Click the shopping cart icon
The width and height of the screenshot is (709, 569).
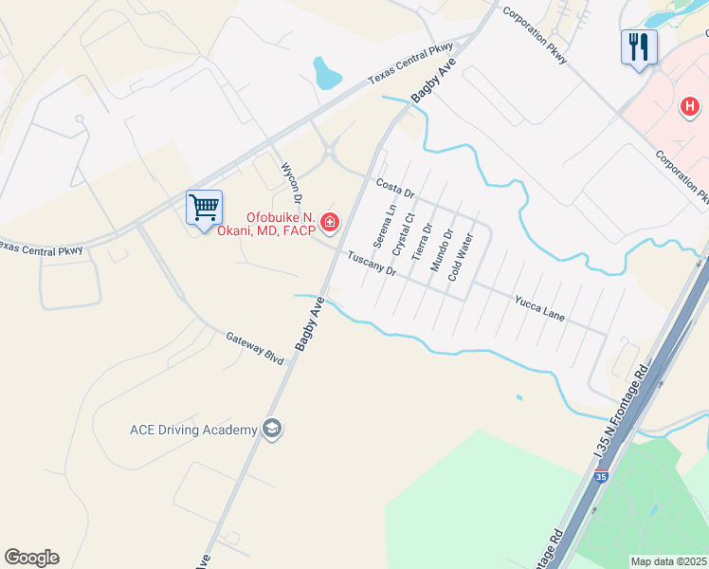[204, 208]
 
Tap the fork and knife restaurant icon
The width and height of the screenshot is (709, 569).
[638, 46]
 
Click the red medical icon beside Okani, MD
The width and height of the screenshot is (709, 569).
[330, 223]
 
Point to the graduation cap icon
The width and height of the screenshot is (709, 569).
[272, 430]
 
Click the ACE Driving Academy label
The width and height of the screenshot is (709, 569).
[193, 430]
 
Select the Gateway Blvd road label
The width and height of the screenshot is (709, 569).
[255, 348]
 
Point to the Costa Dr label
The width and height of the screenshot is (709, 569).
[395, 188]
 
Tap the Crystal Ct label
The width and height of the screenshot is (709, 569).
[404, 233]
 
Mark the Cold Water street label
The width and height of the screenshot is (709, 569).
[461, 257]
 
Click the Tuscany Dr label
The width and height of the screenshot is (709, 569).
[371, 264]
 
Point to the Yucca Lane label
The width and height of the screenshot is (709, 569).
[539, 308]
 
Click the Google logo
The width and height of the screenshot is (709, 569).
[31, 558]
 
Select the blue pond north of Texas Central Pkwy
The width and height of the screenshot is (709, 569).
[327, 72]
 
